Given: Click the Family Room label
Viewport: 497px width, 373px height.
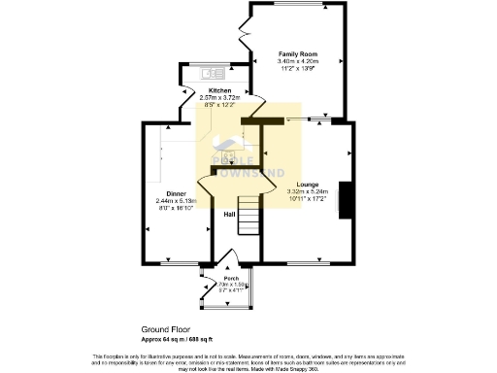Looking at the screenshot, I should pos(294,54).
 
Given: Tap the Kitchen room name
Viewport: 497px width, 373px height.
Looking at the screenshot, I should pos(218,90).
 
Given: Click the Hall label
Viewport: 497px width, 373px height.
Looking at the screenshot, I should pos(230,214).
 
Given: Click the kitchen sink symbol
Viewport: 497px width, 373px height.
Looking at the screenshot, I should pos(211,73).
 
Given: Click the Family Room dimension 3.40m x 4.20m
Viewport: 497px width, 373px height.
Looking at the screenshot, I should pos(294,62).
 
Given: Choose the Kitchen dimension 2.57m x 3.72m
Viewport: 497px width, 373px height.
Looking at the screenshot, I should pos(218,98).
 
